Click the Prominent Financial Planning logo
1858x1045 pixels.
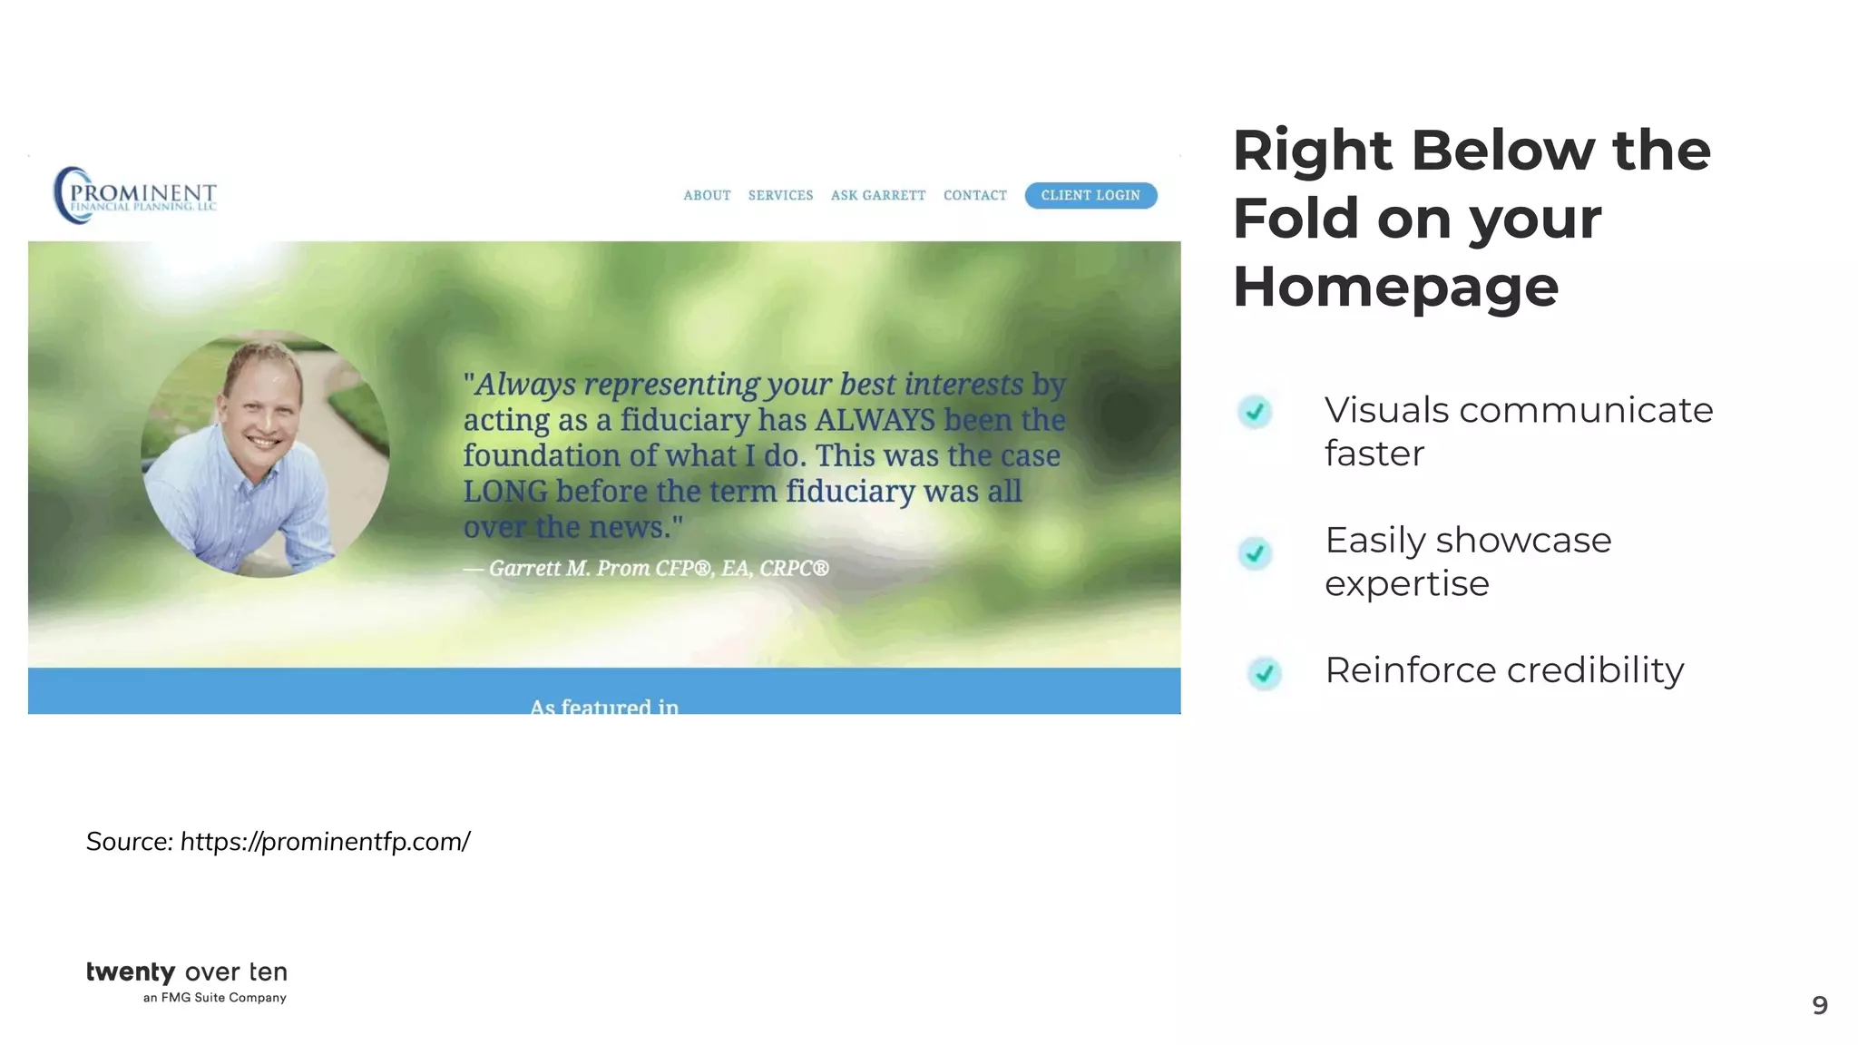pyautogui.click(x=136, y=195)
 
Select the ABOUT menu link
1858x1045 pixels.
pyautogui.click(x=707, y=196)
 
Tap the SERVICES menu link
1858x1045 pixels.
pyautogui.click(x=780, y=196)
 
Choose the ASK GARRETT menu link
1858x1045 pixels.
pyautogui.click(x=878, y=196)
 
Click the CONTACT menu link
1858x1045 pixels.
pyautogui.click(x=975, y=196)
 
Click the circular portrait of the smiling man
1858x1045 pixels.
pyautogui.click(x=265, y=454)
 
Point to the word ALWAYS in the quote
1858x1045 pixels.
pyautogui.click(x=875, y=420)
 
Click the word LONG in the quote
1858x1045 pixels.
pyautogui.click(x=505, y=492)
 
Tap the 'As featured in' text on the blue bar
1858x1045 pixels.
pyautogui.click(x=604, y=706)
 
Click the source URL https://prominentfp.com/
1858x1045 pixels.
pyautogui.click(x=325, y=842)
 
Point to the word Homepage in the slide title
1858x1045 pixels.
pyautogui.click(x=1395, y=287)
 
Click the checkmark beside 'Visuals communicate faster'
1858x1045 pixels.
pyautogui.click(x=1255, y=412)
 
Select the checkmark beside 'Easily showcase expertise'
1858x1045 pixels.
pyautogui.click(x=1255, y=552)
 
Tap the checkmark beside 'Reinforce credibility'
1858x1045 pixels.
pyautogui.click(x=1264, y=673)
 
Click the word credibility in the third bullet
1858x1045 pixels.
pyautogui.click(x=1595, y=670)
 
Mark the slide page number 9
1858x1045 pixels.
pyautogui.click(x=1819, y=1005)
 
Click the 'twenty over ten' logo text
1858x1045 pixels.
pyautogui.click(x=187, y=972)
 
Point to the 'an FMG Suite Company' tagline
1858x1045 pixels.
pyautogui.click(x=215, y=998)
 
